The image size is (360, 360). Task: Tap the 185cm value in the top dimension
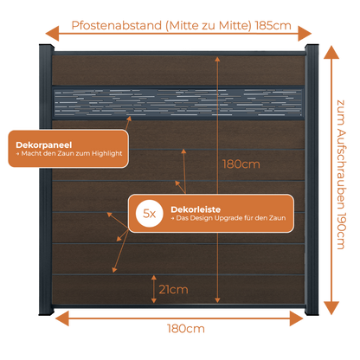tap(273, 25)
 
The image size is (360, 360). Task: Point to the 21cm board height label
tap(173, 289)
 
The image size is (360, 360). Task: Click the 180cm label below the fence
tap(186, 329)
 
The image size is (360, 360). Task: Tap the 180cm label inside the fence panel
tap(241, 164)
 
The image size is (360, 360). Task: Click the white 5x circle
tap(150, 214)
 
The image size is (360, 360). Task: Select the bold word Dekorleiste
tap(196, 209)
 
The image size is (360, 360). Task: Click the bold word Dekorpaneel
tap(44, 145)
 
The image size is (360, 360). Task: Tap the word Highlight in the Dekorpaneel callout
tap(107, 153)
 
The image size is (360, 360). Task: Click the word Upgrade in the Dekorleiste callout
tap(229, 218)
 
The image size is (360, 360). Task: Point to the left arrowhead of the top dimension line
tap(52, 34)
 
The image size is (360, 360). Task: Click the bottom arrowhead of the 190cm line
tap(331, 308)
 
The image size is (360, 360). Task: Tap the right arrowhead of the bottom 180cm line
tap(297, 318)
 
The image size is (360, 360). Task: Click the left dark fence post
tap(46, 179)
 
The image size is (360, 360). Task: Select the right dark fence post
tap(312, 179)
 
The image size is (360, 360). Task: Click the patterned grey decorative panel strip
tap(178, 103)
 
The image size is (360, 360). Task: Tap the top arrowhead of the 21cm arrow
tap(154, 278)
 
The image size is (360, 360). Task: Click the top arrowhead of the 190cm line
tap(331, 53)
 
